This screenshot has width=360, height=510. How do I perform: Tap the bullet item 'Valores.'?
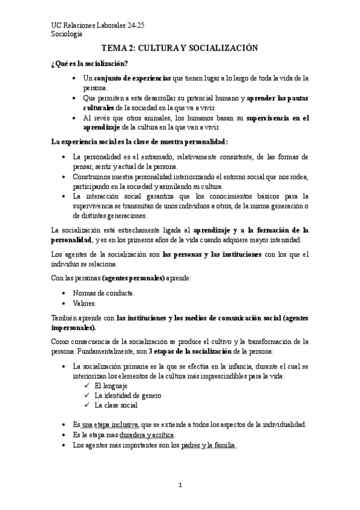pos(88,303)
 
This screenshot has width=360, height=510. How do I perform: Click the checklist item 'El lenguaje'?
pos(112,386)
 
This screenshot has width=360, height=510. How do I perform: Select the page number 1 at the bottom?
pos(180,485)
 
